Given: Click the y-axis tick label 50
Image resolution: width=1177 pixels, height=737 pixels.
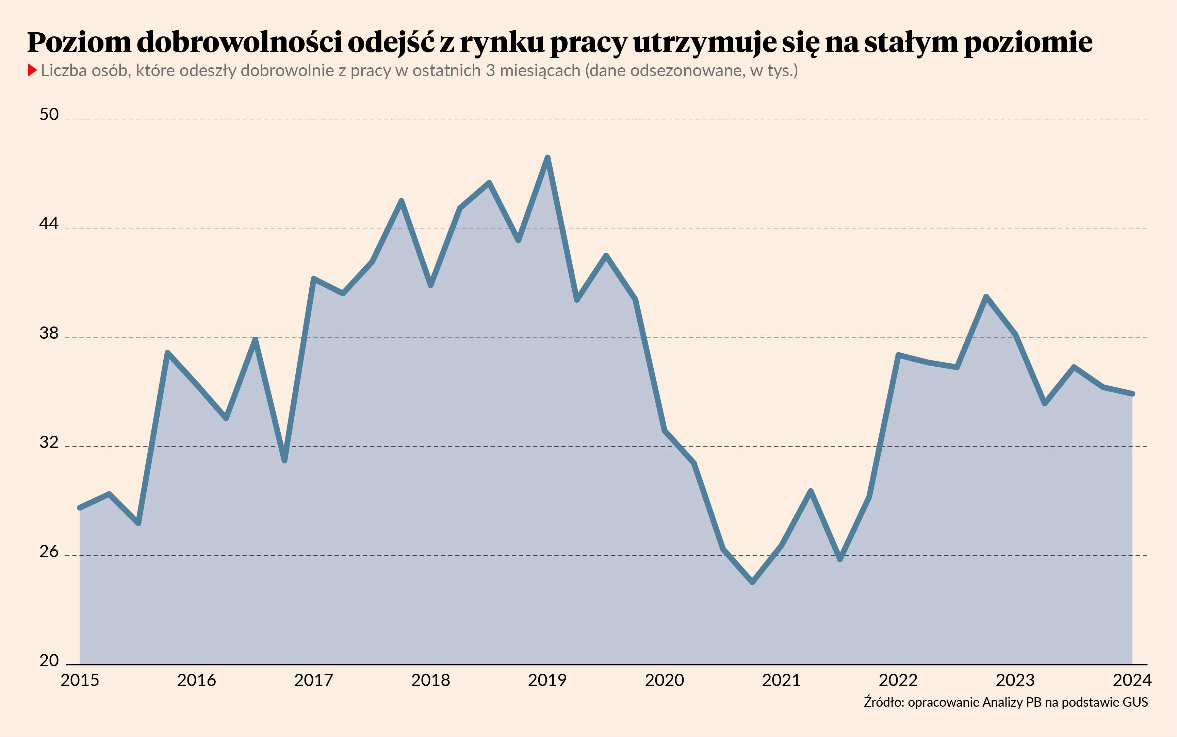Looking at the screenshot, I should [49, 115].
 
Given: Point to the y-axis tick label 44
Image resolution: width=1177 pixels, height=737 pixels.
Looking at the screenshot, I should [49, 224].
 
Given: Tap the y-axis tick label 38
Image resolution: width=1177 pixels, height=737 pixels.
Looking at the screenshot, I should [49, 333].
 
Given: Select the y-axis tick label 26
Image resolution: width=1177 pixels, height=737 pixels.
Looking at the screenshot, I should [49, 552].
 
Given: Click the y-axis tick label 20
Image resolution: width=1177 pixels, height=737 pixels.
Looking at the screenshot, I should [49, 661].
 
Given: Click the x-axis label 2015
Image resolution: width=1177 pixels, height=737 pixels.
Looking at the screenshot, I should [80, 680].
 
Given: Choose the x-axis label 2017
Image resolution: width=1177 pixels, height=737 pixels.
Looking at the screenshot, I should [313, 680].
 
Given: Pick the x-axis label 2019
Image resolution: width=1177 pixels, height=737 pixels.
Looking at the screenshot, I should [547, 680].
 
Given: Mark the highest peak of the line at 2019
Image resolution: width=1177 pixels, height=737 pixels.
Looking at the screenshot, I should [547, 157].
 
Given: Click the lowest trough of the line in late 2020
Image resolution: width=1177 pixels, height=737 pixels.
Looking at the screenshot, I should [752, 582].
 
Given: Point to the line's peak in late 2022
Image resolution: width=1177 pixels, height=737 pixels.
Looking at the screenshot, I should [986, 297].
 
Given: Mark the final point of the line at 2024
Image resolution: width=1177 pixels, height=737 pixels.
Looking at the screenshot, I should [1132, 393].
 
